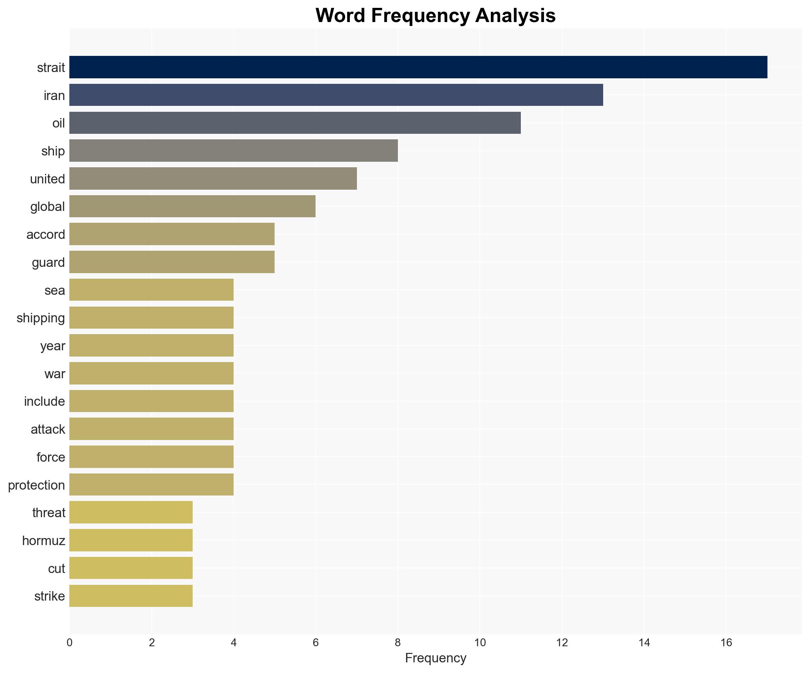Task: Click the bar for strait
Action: tap(418, 67)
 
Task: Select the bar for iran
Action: tap(336, 95)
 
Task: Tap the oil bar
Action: tap(295, 123)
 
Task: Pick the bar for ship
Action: tap(233, 151)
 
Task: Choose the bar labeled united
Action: tap(213, 179)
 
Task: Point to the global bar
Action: tap(192, 206)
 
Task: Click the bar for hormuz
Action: tap(131, 540)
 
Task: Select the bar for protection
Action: tap(151, 484)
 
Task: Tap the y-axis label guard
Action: tap(48, 263)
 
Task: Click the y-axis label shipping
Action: tap(41, 318)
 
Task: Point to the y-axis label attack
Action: tap(48, 429)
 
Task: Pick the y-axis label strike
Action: tap(49, 596)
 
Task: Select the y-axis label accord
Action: tap(46, 235)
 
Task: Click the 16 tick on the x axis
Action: tap(726, 643)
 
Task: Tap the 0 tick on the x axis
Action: tap(70, 643)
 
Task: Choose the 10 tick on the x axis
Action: tap(480, 643)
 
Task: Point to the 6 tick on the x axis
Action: tap(316, 643)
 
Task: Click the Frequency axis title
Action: tap(435, 658)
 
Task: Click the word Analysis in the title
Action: tap(515, 16)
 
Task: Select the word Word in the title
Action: tap(340, 16)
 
